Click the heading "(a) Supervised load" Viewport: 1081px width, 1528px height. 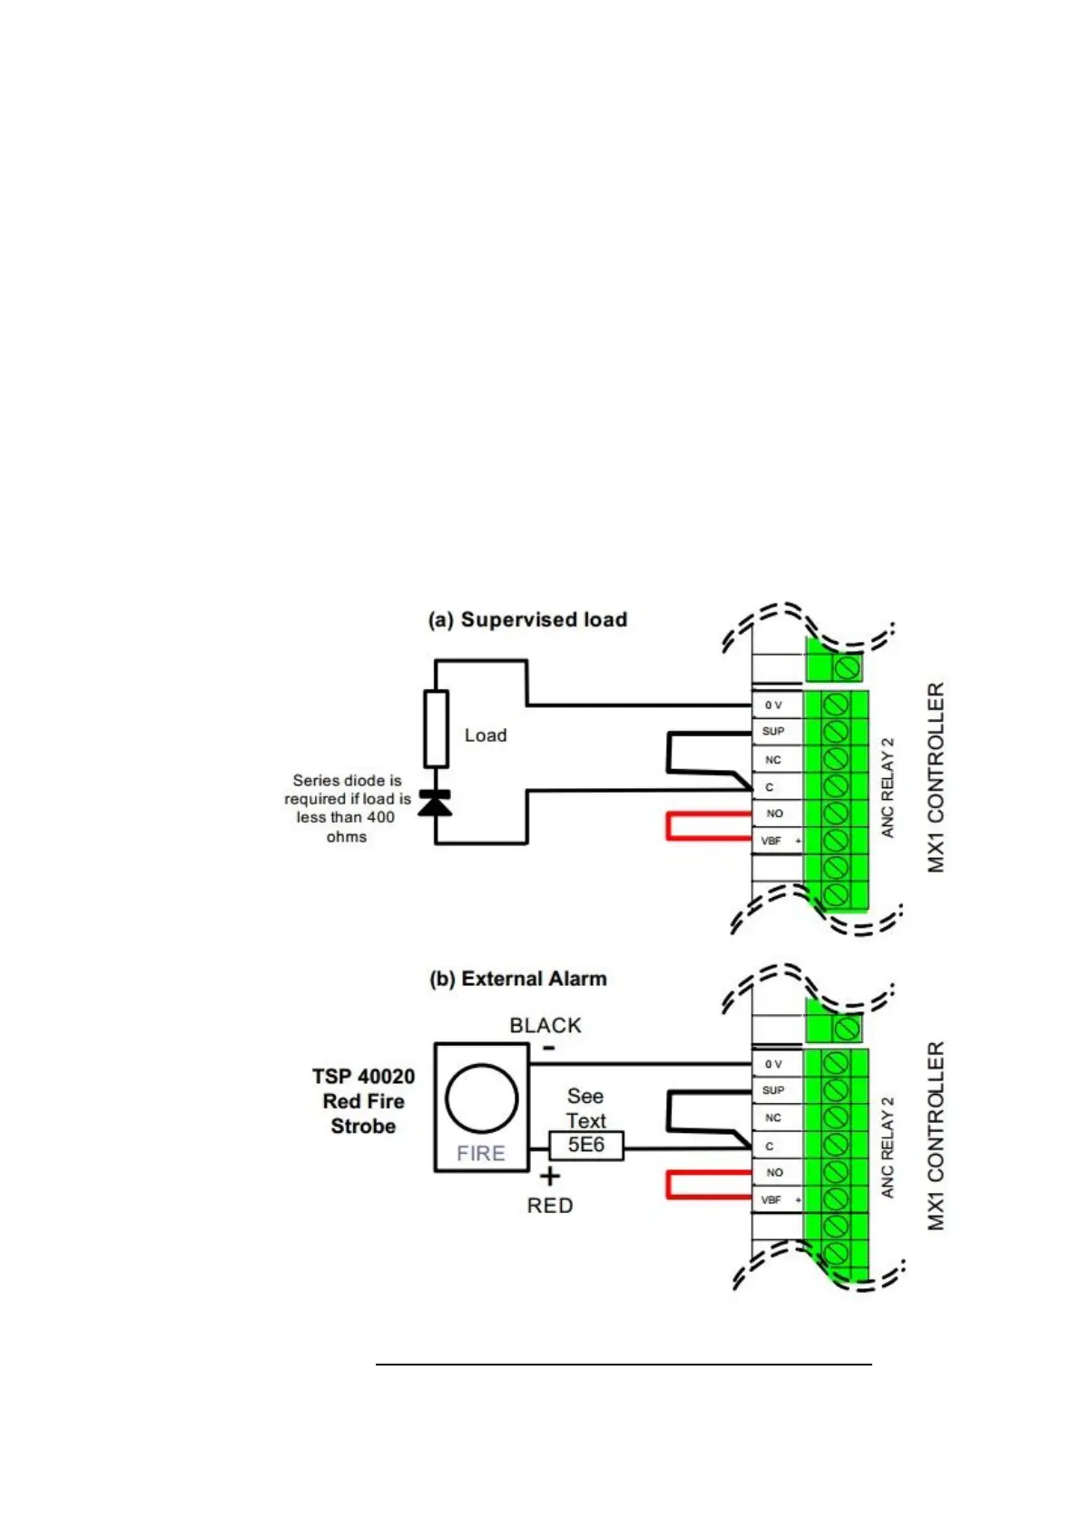click(x=527, y=620)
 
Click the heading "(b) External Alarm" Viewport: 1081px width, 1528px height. click(x=517, y=979)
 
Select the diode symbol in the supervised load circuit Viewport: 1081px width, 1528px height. click(x=435, y=803)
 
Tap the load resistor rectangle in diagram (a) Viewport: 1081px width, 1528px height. click(x=436, y=729)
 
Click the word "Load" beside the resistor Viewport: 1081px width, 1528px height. click(x=486, y=735)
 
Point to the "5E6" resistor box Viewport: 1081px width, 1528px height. click(x=586, y=1145)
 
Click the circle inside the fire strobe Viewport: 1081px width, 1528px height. click(x=481, y=1099)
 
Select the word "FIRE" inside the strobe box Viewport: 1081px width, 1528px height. click(x=481, y=1154)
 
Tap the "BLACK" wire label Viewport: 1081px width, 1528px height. click(x=545, y=1025)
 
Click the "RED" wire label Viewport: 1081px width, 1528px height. click(x=550, y=1206)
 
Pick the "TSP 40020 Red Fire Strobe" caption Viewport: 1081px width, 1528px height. click(x=363, y=1101)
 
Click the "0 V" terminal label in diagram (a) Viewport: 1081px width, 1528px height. click(x=773, y=705)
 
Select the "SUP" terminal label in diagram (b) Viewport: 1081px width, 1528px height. click(x=773, y=1090)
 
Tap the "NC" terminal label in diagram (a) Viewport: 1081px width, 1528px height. click(x=773, y=760)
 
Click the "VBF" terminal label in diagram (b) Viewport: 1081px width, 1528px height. click(x=771, y=1200)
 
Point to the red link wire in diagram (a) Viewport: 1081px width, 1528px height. click(x=670, y=826)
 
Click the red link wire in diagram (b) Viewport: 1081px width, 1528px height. click(x=670, y=1186)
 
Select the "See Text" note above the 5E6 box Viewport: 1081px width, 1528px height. click(x=585, y=1109)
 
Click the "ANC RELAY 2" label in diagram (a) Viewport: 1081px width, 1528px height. click(x=888, y=787)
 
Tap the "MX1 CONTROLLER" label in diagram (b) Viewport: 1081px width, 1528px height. click(x=936, y=1136)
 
